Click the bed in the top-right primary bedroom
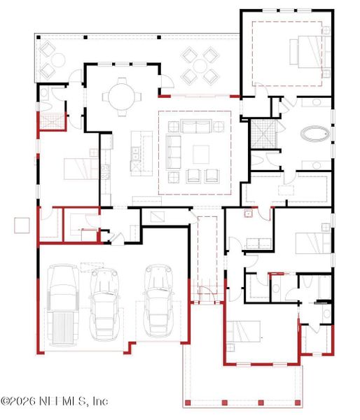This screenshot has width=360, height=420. (306, 52)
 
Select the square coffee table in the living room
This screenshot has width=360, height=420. (202, 154)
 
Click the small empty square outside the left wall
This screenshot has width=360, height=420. (22, 225)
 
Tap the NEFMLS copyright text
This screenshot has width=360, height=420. (54, 401)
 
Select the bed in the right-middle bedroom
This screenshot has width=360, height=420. (312, 242)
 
